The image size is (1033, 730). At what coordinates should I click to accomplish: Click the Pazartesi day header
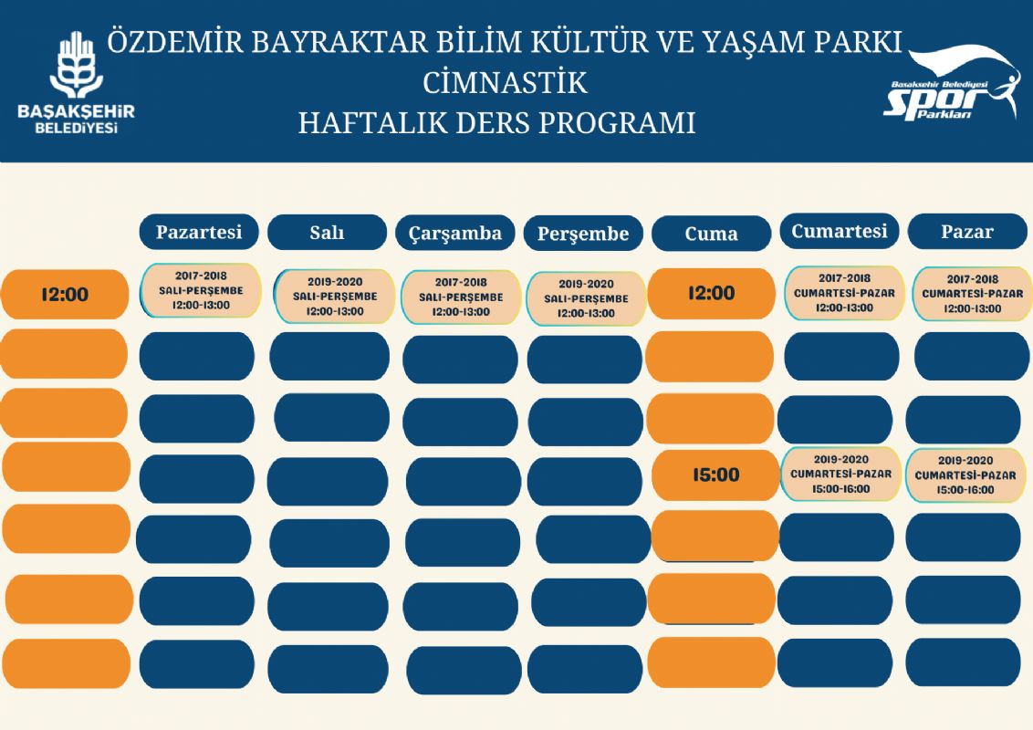199,232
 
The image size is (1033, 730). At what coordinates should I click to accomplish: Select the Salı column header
327,233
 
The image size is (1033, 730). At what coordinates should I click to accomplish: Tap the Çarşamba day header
454,234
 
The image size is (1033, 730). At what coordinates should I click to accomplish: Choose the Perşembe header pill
583,234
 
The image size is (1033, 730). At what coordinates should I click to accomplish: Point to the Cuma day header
712,234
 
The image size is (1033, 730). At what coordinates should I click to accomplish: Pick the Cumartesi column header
840,231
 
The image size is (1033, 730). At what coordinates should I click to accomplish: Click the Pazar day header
967,232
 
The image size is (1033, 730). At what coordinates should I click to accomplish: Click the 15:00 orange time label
715,475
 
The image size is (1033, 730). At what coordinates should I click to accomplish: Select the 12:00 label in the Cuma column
712,293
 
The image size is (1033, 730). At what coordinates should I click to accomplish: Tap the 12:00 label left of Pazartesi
65,295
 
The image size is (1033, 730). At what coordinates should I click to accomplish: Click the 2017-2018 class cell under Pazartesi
201,290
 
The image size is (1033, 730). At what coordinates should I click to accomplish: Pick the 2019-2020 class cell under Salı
335,297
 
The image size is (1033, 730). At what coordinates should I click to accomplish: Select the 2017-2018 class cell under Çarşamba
461,297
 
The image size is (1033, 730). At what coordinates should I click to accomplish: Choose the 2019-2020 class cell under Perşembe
587,298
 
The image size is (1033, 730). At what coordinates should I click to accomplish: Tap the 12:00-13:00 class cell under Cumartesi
845,293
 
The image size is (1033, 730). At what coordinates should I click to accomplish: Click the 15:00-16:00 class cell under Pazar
965,475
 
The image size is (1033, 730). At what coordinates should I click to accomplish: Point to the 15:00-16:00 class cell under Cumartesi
840,474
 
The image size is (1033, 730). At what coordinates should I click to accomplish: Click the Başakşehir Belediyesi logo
76,83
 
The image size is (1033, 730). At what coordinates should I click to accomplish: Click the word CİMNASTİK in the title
506,83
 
